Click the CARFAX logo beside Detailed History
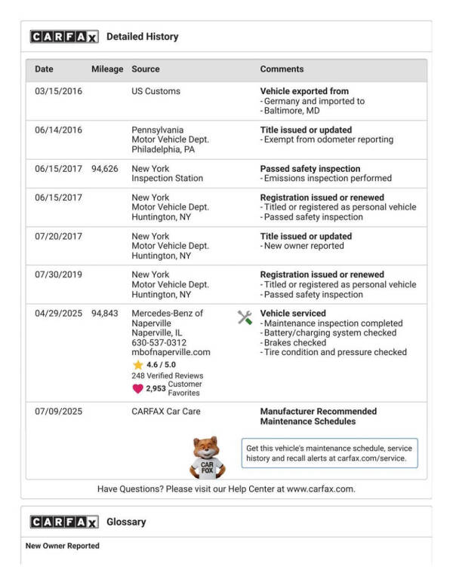click(63, 36)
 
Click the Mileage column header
click(107, 69)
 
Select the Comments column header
click(282, 69)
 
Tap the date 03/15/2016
click(58, 91)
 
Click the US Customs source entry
click(156, 91)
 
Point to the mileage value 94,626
click(105, 169)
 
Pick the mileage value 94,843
click(105, 314)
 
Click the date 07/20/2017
click(58, 237)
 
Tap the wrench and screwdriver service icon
click(245, 317)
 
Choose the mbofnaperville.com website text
click(171, 352)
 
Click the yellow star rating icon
click(137, 365)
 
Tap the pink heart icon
click(137, 389)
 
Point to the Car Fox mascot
click(207, 457)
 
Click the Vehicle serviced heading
click(293, 314)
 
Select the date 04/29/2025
click(58, 314)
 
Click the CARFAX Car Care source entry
click(166, 412)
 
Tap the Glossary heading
click(126, 522)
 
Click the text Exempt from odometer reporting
click(328, 139)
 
